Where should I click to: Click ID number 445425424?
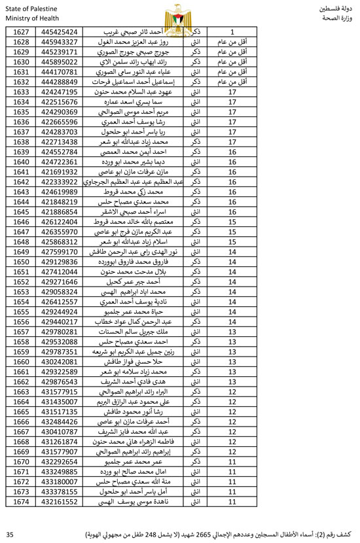pyautogui.click(x=59, y=31)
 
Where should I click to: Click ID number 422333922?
pyautogui.click(x=59, y=181)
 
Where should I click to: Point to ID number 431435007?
pyautogui.click(x=59, y=401)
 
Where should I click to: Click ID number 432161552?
pyautogui.click(x=59, y=501)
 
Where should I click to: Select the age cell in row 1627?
pyautogui.click(x=232, y=31)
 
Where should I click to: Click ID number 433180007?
pyautogui.click(x=59, y=481)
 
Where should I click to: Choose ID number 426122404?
pyautogui.click(x=59, y=221)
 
